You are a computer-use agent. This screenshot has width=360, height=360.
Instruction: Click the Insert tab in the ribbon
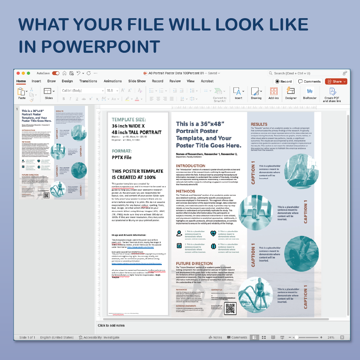coord(36,81)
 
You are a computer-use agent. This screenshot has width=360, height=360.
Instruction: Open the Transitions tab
coord(88,81)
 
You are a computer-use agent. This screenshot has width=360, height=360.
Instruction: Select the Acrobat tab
coord(207,81)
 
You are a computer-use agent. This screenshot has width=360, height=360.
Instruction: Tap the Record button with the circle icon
coord(283,81)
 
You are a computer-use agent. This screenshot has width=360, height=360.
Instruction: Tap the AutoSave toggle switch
coord(56,73)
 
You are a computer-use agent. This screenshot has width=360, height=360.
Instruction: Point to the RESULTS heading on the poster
coord(259,124)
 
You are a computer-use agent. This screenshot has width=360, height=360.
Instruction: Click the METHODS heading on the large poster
coord(185,191)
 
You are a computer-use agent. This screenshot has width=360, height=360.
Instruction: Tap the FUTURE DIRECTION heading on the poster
coord(194,264)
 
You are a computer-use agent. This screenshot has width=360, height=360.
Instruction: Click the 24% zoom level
coord(331,338)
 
